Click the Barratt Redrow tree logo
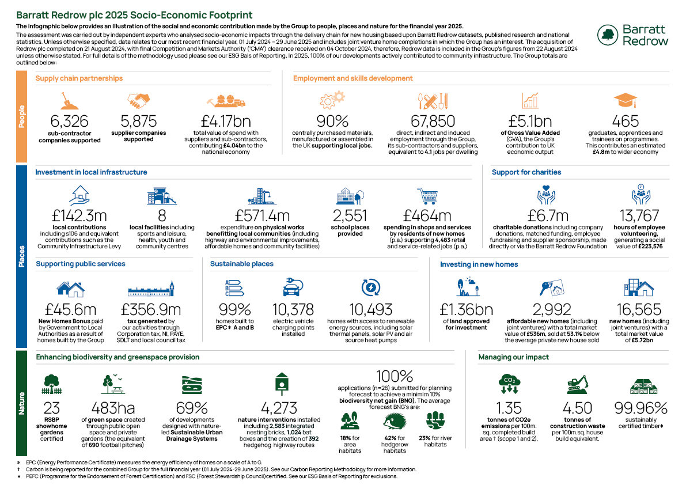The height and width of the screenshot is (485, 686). tap(609, 36)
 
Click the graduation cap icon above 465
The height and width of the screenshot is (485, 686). tap(626, 100)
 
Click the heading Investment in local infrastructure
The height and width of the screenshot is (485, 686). tap(91, 172)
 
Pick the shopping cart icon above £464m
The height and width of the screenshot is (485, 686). tap(427, 196)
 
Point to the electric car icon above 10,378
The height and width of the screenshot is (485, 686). tap(292, 287)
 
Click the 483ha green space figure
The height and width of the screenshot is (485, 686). tap(113, 408)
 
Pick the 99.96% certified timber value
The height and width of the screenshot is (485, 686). tap(640, 408)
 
